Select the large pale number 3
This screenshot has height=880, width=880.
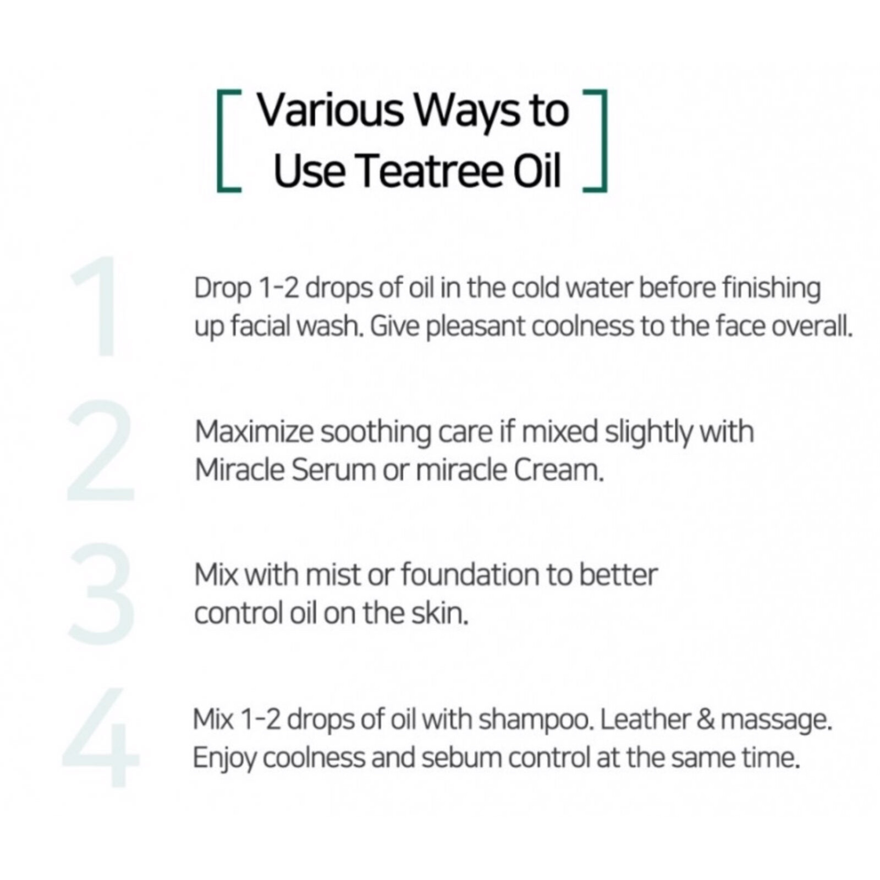[102, 594]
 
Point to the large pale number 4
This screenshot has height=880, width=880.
[102, 737]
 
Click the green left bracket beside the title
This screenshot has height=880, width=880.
[227, 141]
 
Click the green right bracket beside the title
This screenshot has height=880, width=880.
[597, 141]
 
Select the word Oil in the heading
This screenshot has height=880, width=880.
[536, 170]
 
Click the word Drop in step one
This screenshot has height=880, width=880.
[222, 289]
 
